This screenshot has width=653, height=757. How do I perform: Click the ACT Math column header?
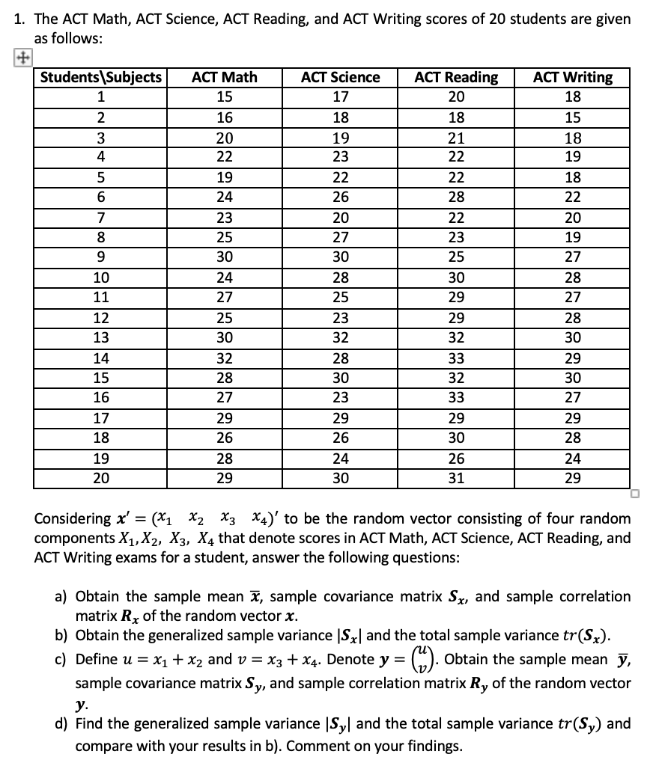(x=224, y=77)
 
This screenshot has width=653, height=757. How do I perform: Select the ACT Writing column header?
(x=572, y=77)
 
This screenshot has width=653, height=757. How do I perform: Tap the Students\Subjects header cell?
(x=101, y=77)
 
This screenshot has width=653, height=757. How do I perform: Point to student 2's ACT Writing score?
(x=572, y=117)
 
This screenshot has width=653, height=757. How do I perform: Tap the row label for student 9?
(x=101, y=258)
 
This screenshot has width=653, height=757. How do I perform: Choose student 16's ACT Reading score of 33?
(x=456, y=397)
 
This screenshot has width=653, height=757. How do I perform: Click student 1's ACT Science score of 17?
(x=340, y=96)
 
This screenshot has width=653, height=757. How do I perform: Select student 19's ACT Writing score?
(x=572, y=458)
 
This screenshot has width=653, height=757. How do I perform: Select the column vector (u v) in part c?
(x=425, y=661)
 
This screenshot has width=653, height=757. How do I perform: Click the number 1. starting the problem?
(x=20, y=19)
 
